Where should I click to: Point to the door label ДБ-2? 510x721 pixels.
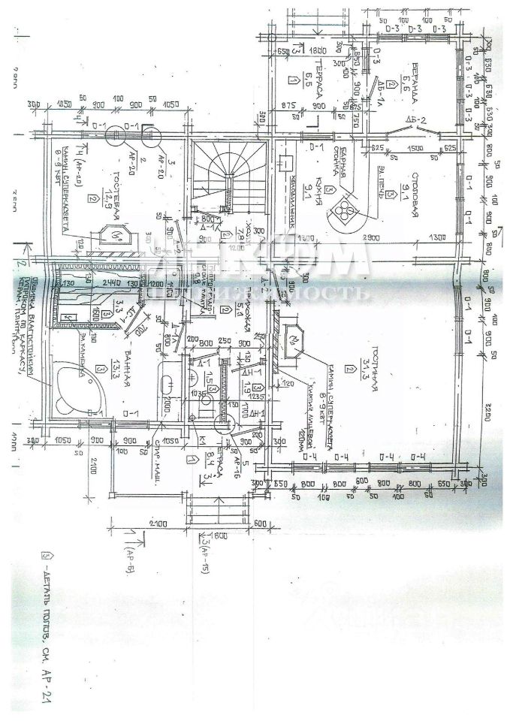click(415, 120)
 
